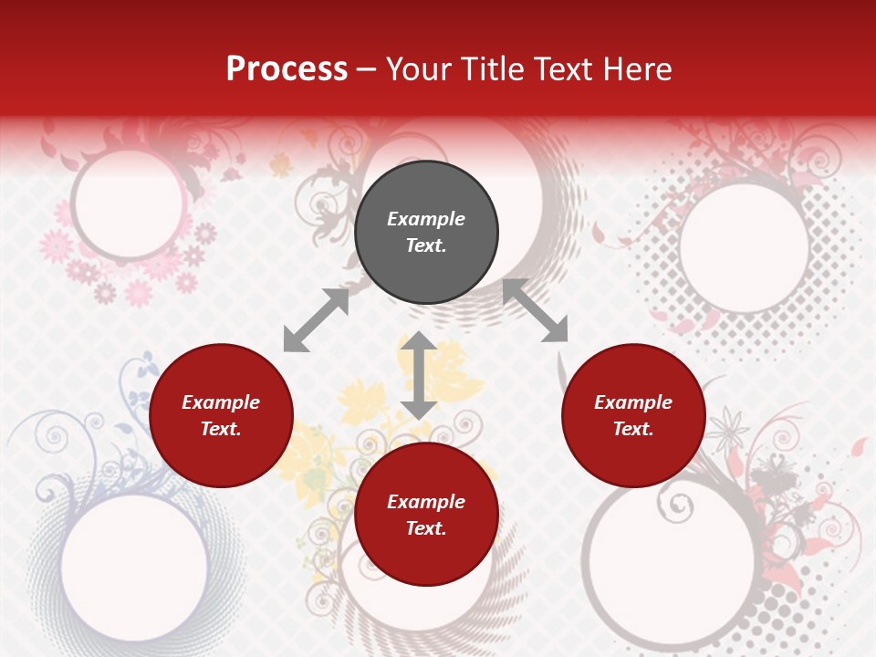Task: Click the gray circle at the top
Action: click(x=426, y=233)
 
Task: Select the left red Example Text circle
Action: click(x=221, y=415)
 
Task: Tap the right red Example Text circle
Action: click(x=633, y=415)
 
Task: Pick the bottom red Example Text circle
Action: click(x=426, y=515)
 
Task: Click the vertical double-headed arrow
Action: click(x=419, y=375)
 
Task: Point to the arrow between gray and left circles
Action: click(x=316, y=320)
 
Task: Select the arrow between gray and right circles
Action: click(x=535, y=311)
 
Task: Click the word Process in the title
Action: click(x=287, y=69)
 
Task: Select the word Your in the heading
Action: click(x=416, y=69)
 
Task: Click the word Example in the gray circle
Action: click(x=426, y=219)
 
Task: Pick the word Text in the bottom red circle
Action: click(x=426, y=528)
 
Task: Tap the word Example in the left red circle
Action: click(x=221, y=402)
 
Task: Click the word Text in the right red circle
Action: click(x=633, y=429)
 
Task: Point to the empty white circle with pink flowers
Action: click(x=128, y=204)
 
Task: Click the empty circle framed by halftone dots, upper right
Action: click(x=744, y=246)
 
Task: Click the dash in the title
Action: click(x=367, y=69)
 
